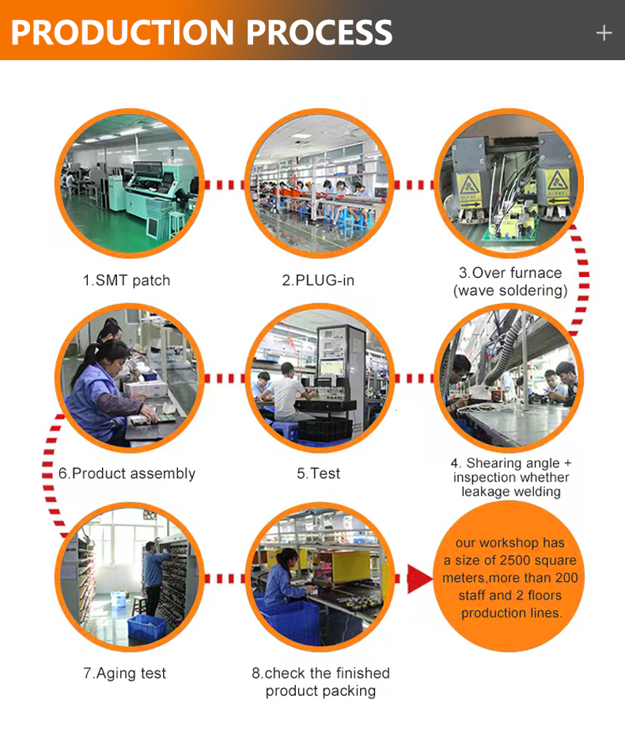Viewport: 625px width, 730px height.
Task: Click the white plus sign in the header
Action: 604,33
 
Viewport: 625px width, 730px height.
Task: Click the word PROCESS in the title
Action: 319,32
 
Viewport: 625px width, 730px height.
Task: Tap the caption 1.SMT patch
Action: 127,280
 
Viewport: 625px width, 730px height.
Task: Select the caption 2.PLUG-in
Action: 318,280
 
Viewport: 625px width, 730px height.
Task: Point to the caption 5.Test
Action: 319,473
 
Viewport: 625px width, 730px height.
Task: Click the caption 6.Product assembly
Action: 127,473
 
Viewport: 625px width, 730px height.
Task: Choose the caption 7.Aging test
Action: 125,673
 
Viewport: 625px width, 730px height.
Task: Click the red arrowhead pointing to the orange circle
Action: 419,579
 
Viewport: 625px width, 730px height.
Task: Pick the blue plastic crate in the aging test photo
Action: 146,628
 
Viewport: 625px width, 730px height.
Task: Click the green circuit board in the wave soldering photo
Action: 512,229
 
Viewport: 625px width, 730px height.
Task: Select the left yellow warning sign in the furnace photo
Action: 469,190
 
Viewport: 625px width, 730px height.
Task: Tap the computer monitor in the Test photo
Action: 332,367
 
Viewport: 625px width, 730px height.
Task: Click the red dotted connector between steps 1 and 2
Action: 224,184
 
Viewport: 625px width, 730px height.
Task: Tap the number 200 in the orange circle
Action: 566,578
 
